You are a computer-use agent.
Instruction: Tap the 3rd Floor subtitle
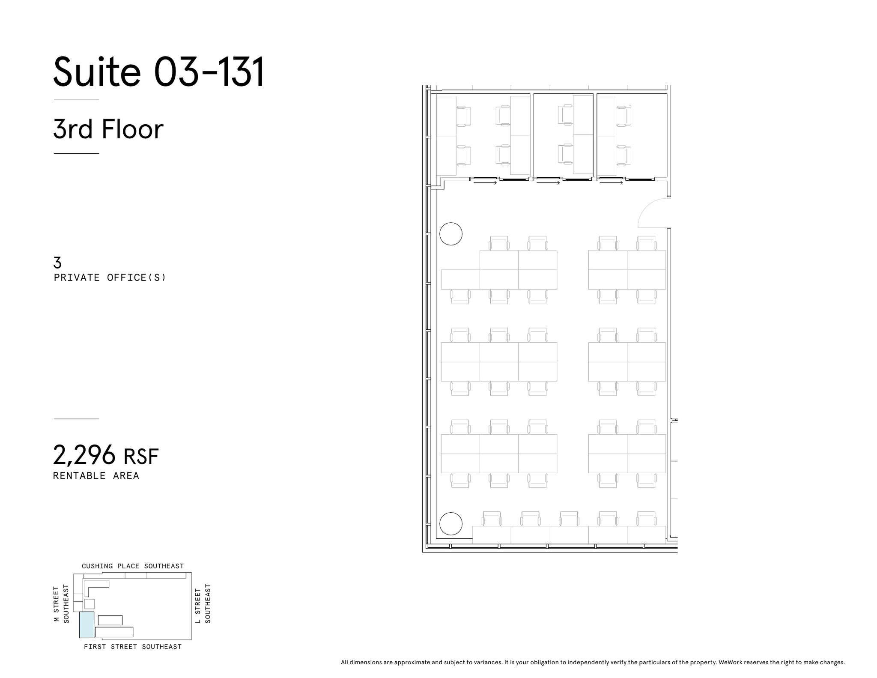(108, 129)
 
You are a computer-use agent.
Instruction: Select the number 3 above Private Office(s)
(57, 262)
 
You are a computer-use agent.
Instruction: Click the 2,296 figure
(84, 455)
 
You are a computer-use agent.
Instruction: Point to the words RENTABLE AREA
(96, 476)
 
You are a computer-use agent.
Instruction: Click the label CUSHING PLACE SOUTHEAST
(133, 566)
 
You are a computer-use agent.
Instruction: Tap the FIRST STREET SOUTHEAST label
(133, 647)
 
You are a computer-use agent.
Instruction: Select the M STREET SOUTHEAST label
(61, 603)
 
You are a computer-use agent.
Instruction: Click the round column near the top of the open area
(451, 234)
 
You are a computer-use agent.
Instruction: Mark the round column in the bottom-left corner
(451, 523)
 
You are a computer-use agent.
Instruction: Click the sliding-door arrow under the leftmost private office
(485, 183)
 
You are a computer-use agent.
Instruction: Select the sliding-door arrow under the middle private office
(548, 183)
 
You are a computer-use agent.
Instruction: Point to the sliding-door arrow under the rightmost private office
(611, 183)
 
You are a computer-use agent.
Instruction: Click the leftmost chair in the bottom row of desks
(492, 519)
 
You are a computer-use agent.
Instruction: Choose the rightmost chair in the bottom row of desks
(646, 519)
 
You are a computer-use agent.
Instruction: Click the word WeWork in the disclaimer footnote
(731, 662)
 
